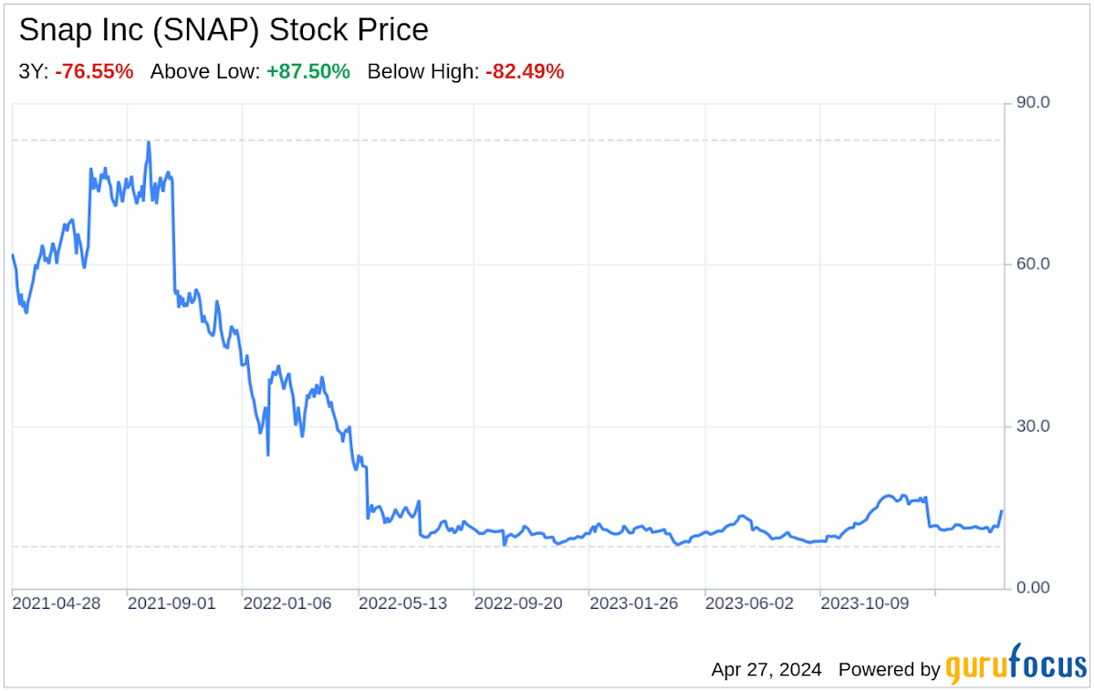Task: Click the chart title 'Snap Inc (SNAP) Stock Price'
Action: click(x=224, y=30)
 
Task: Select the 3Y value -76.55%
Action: click(x=94, y=71)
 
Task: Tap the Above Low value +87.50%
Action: click(x=308, y=71)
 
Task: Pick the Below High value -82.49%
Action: click(x=525, y=71)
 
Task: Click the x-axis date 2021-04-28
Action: click(x=57, y=604)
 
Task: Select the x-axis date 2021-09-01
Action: click(x=172, y=604)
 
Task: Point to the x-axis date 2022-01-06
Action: click(x=287, y=604)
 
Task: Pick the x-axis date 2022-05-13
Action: click(x=403, y=604)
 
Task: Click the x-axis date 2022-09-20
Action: click(x=519, y=604)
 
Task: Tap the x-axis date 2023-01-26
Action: click(x=634, y=604)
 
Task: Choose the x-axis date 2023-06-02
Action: click(x=750, y=604)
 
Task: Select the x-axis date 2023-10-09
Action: click(x=865, y=604)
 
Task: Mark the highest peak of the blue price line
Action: click(x=148, y=142)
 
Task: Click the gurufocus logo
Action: click(x=1015, y=668)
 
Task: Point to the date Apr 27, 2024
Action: click(x=766, y=669)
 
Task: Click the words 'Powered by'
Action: click(x=889, y=669)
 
